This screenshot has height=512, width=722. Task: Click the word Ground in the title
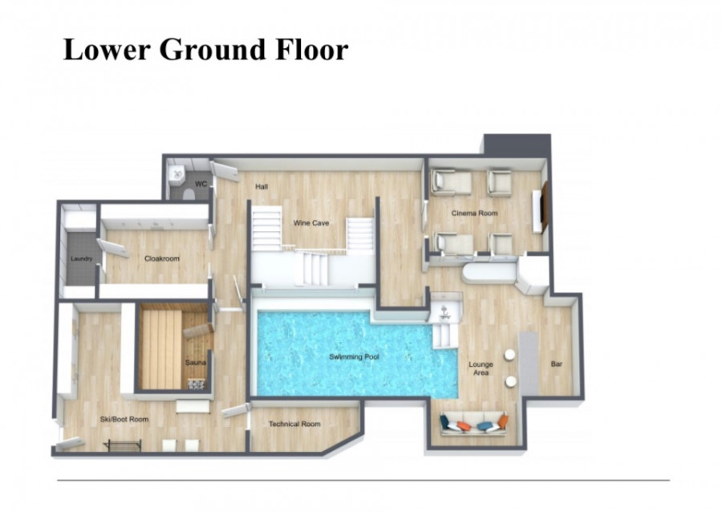(213, 49)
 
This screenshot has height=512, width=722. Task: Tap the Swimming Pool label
(354, 357)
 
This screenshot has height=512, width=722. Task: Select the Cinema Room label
(474, 213)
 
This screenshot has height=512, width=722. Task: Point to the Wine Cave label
(311, 223)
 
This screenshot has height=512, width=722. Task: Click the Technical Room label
(294, 424)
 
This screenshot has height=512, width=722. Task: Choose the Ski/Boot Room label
(124, 420)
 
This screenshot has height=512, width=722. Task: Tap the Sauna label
(195, 363)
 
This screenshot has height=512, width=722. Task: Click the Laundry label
(82, 258)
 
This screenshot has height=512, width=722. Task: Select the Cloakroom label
(161, 258)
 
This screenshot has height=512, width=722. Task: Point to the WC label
(201, 184)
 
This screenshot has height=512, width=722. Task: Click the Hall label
(262, 186)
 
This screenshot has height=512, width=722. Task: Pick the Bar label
(556, 364)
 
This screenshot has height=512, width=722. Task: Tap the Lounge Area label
(481, 368)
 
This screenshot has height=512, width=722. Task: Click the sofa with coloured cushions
(474, 424)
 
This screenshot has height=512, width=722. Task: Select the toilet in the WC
(189, 193)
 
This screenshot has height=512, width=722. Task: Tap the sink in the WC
(176, 176)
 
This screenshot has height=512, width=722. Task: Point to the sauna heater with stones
(197, 384)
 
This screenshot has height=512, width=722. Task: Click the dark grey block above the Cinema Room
(517, 144)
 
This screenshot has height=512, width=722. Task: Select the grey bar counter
(529, 364)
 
